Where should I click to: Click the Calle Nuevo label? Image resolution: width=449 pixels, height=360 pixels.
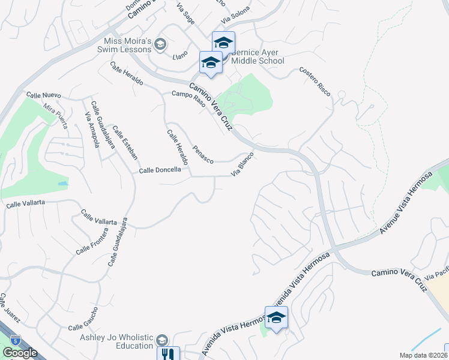tap(44, 95)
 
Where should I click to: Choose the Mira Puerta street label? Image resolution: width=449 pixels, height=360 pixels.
tap(55, 113)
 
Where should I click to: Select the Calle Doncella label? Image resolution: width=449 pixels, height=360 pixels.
tap(160, 170)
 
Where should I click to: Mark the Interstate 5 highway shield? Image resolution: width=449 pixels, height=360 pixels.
tap(14, 340)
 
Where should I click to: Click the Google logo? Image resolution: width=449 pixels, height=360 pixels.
tap(19, 353)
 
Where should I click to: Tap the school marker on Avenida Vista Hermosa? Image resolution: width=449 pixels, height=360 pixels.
tap(276, 317)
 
